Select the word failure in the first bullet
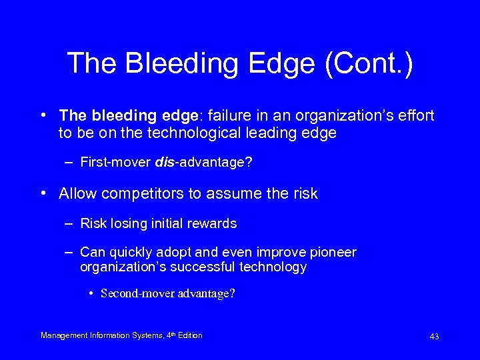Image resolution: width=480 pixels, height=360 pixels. click(215, 116)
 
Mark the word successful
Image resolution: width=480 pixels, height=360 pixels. click(203, 267)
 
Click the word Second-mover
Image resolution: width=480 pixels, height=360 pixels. click(137, 294)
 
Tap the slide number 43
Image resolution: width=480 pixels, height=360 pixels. click(434, 337)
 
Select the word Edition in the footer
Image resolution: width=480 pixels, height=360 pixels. click(190, 335)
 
